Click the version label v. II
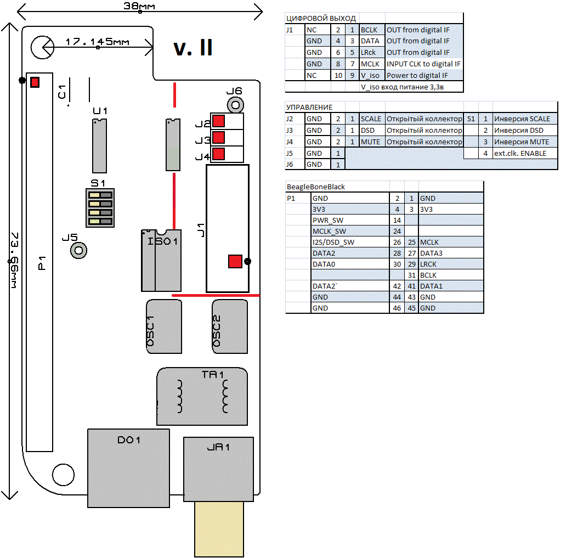coord(193,48)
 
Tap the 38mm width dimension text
coord(140,7)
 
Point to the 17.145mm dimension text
coord(97,42)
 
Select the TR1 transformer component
coord(202,396)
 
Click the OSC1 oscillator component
coord(164,326)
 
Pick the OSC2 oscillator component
coord(230,326)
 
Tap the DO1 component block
coord(128,468)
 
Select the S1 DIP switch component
coord(100,208)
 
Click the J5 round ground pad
coord(78,251)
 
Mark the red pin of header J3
coord(218,137)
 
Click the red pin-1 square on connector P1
coord(35,82)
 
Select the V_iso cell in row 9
coord(371,76)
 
